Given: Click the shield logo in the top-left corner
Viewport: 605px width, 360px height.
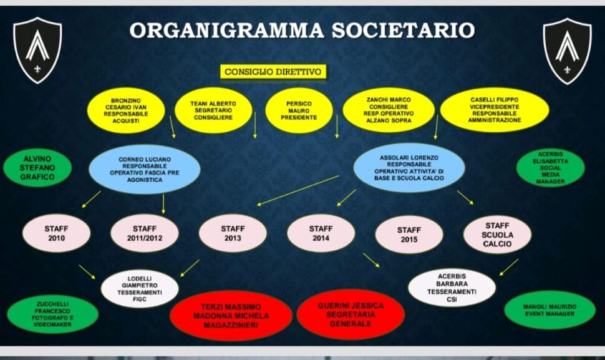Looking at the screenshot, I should point(37,49).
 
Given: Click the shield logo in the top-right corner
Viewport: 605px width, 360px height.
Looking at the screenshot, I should point(567,51).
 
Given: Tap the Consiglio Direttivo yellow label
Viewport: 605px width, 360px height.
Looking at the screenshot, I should point(274,72).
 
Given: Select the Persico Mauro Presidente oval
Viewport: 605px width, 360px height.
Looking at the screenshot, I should point(299,110).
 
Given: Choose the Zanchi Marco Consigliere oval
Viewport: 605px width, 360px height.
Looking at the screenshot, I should point(389,110).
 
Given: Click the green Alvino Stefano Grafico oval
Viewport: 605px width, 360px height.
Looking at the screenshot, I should point(37,168).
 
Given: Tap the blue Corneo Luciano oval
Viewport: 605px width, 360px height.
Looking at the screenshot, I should point(144,169).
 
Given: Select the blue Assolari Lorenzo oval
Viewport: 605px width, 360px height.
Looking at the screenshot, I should point(409,168).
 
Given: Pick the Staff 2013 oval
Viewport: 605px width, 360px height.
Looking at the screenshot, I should point(233,233).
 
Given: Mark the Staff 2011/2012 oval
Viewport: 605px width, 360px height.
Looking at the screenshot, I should point(144,233).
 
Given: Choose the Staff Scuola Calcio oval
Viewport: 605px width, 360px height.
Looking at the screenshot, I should point(497,235).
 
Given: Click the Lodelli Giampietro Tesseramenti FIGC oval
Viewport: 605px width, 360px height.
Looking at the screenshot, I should point(140,289).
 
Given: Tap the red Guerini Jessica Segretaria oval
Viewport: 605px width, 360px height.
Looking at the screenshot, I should point(351,314).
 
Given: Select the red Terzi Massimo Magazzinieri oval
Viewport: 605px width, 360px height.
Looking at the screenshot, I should point(231,316).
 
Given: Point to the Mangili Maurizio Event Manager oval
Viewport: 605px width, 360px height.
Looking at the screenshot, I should point(549,310).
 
